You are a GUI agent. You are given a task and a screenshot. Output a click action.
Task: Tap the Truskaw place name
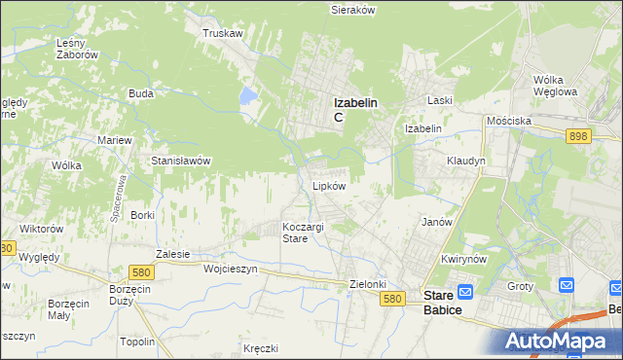[222, 32]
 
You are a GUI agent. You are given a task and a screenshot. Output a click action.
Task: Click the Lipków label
[328, 185]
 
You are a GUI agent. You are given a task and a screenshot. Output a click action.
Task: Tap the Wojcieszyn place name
[230, 270]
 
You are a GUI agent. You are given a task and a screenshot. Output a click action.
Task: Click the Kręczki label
[262, 347]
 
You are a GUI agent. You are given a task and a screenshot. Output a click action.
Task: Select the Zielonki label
[369, 284]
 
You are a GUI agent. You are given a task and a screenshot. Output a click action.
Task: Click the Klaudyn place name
[465, 161]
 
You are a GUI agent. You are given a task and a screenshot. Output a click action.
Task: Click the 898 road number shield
[578, 137]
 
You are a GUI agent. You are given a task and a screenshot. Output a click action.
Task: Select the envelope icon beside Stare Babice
[465, 290]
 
